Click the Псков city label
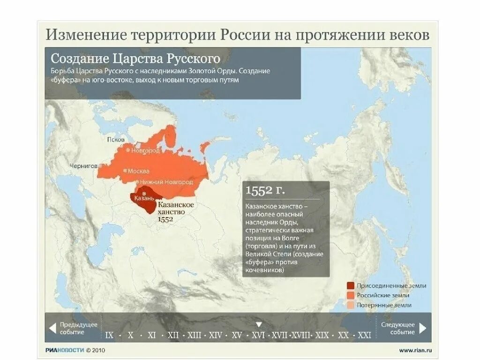[x=116, y=140]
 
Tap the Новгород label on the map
[x=145, y=151]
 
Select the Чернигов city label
[x=83, y=166]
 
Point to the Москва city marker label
[x=139, y=171]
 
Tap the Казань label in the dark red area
[x=141, y=199]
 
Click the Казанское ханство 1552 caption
[x=176, y=212]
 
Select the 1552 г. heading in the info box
[x=265, y=190]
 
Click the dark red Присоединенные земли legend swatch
[x=350, y=285]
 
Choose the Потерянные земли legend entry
[x=383, y=305]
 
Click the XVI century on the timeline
[x=258, y=335]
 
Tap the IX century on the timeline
[x=110, y=335]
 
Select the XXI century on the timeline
[x=364, y=335]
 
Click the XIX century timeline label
[x=322, y=335]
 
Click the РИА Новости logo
[x=65, y=350]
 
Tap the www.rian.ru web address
[x=415, y=350]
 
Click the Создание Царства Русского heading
[x=135, y=59]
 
